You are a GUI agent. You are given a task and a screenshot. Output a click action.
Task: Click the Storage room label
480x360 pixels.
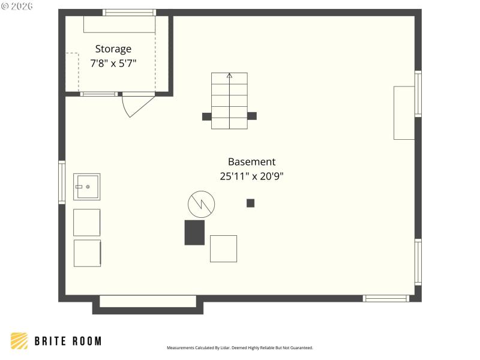point(113,49)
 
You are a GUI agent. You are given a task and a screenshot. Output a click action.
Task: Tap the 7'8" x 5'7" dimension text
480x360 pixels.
point(113,63)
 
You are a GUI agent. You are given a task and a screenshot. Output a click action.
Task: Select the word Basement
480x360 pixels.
point(251,161)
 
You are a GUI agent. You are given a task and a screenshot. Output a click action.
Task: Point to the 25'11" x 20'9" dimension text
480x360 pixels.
point(251,176)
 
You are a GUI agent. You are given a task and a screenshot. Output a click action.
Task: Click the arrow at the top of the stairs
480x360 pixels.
point(229,76)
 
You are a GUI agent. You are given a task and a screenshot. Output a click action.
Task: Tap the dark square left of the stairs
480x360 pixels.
point(206,116)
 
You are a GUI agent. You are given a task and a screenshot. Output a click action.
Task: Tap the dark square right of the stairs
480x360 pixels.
point(252,116)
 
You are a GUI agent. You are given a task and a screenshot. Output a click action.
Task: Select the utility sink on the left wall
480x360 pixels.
point(87,187)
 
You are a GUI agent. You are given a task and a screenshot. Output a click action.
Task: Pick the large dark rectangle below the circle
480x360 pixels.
point(194,232)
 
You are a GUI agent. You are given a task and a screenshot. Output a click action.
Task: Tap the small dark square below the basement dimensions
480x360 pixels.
point(250,203)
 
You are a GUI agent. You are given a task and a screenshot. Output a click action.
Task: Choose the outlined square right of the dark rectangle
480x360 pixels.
point(223,248)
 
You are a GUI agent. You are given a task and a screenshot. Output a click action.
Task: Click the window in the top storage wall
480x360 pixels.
point(129,12)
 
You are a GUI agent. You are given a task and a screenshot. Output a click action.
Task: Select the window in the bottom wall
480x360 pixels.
point(386,298)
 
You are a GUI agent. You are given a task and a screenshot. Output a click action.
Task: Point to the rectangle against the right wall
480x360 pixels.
point(404,113)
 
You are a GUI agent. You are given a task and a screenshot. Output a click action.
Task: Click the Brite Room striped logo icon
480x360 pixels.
point(19,341)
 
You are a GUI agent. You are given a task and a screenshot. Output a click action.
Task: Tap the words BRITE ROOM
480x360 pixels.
point(67,341)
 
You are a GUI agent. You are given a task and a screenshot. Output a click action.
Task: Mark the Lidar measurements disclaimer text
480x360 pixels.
point(240,348)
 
